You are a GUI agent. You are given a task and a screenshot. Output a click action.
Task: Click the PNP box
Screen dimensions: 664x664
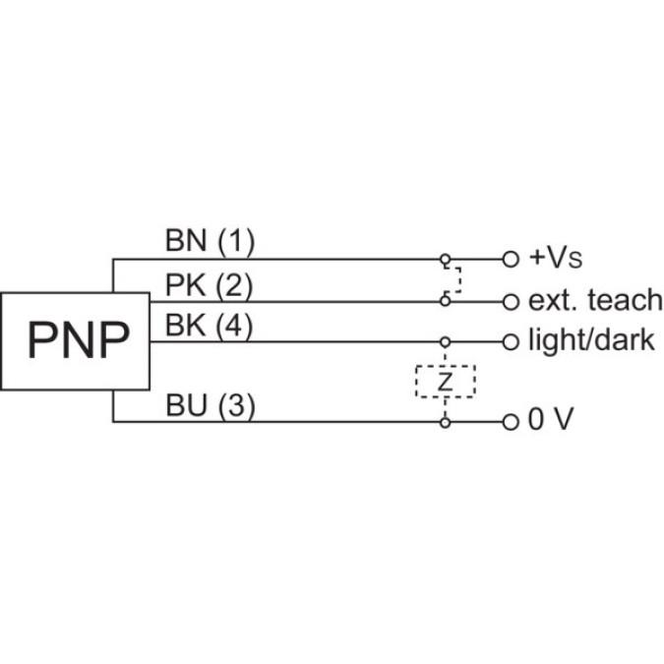click(x=78, y=340)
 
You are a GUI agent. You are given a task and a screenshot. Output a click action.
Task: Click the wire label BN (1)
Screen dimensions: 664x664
click(x=209, y=240)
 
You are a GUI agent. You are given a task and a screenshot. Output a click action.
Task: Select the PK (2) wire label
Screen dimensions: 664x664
click(x=209, y=285)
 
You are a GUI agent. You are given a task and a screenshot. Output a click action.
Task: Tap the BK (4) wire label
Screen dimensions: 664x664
click(x=209, y=326)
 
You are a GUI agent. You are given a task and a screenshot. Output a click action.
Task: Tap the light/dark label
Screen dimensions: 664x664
click(x=591, y=341)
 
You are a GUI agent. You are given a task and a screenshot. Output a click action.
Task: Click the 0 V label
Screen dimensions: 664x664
click(x=551, y=421)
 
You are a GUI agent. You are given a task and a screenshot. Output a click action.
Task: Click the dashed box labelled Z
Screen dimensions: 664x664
click(x=445, y=381)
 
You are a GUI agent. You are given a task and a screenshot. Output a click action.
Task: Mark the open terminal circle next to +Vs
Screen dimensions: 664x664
click(x=510, y=260)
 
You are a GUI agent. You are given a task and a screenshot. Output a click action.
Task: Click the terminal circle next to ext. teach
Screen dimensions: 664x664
click(x=510, y=301)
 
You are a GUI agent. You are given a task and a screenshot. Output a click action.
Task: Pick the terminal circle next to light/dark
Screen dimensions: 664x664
click(x=510, y=342)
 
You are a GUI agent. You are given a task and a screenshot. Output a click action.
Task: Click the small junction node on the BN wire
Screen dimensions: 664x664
click(x=445, y=260)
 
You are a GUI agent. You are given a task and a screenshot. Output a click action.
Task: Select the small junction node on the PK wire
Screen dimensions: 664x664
click(x=445, y=301)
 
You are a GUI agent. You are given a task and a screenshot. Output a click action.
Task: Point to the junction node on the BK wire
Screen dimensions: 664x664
click(x=445, y=342)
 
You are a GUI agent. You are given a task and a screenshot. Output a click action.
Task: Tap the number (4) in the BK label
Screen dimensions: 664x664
click(x=234, y=326)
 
